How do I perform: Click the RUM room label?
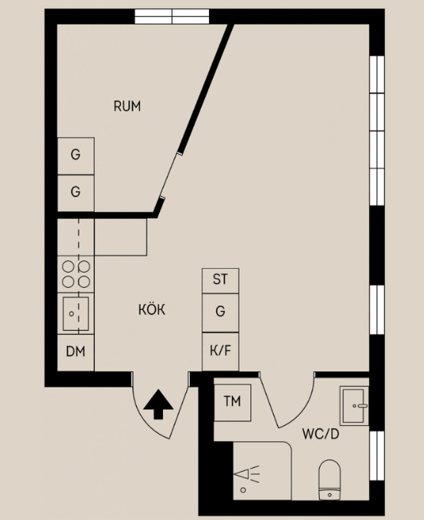tap(127, 106)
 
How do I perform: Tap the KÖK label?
tap(152, 309)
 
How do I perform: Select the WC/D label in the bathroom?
tap(321, 433)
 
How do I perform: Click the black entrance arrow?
tap(158, 404)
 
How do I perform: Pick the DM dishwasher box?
tap(76, 352)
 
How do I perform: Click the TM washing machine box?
tap(233, 403)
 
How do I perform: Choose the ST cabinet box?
tap(220, 280)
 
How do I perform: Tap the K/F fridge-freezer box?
tap(220, 352)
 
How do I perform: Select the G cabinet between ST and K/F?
tap(220, 312)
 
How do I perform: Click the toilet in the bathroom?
tap(330, 480)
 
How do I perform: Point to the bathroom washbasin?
tap(354, 405)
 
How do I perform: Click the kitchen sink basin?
tap(76, 314)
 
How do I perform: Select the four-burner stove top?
tap(76, 274)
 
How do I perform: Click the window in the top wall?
tap(171, 16)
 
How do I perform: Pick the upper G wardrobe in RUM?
tap(76, 156)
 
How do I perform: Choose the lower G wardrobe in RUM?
tap(76, 193)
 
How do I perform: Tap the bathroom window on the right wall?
tap(377, 456)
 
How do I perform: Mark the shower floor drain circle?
tap(243, 490)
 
